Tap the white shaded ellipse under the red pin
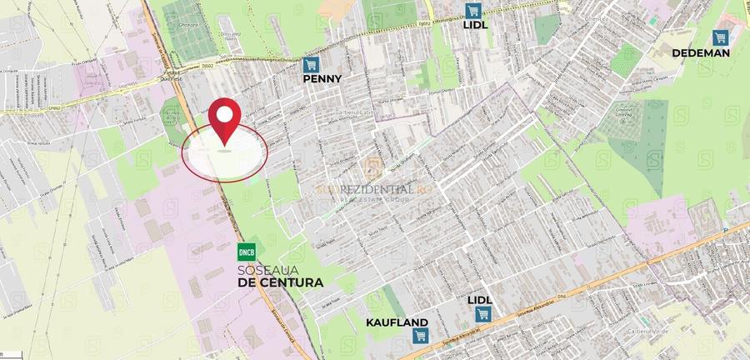click(226, 152)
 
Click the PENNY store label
click(322, 77)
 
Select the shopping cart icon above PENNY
click(312, 63)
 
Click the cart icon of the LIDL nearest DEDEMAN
click(473, 10)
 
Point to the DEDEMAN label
click(702, 52)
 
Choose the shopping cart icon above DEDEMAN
click(720, 37)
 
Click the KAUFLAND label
click(397, 322)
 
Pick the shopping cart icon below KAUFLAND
click(418, 336)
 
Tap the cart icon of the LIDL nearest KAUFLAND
click(482, 313)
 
